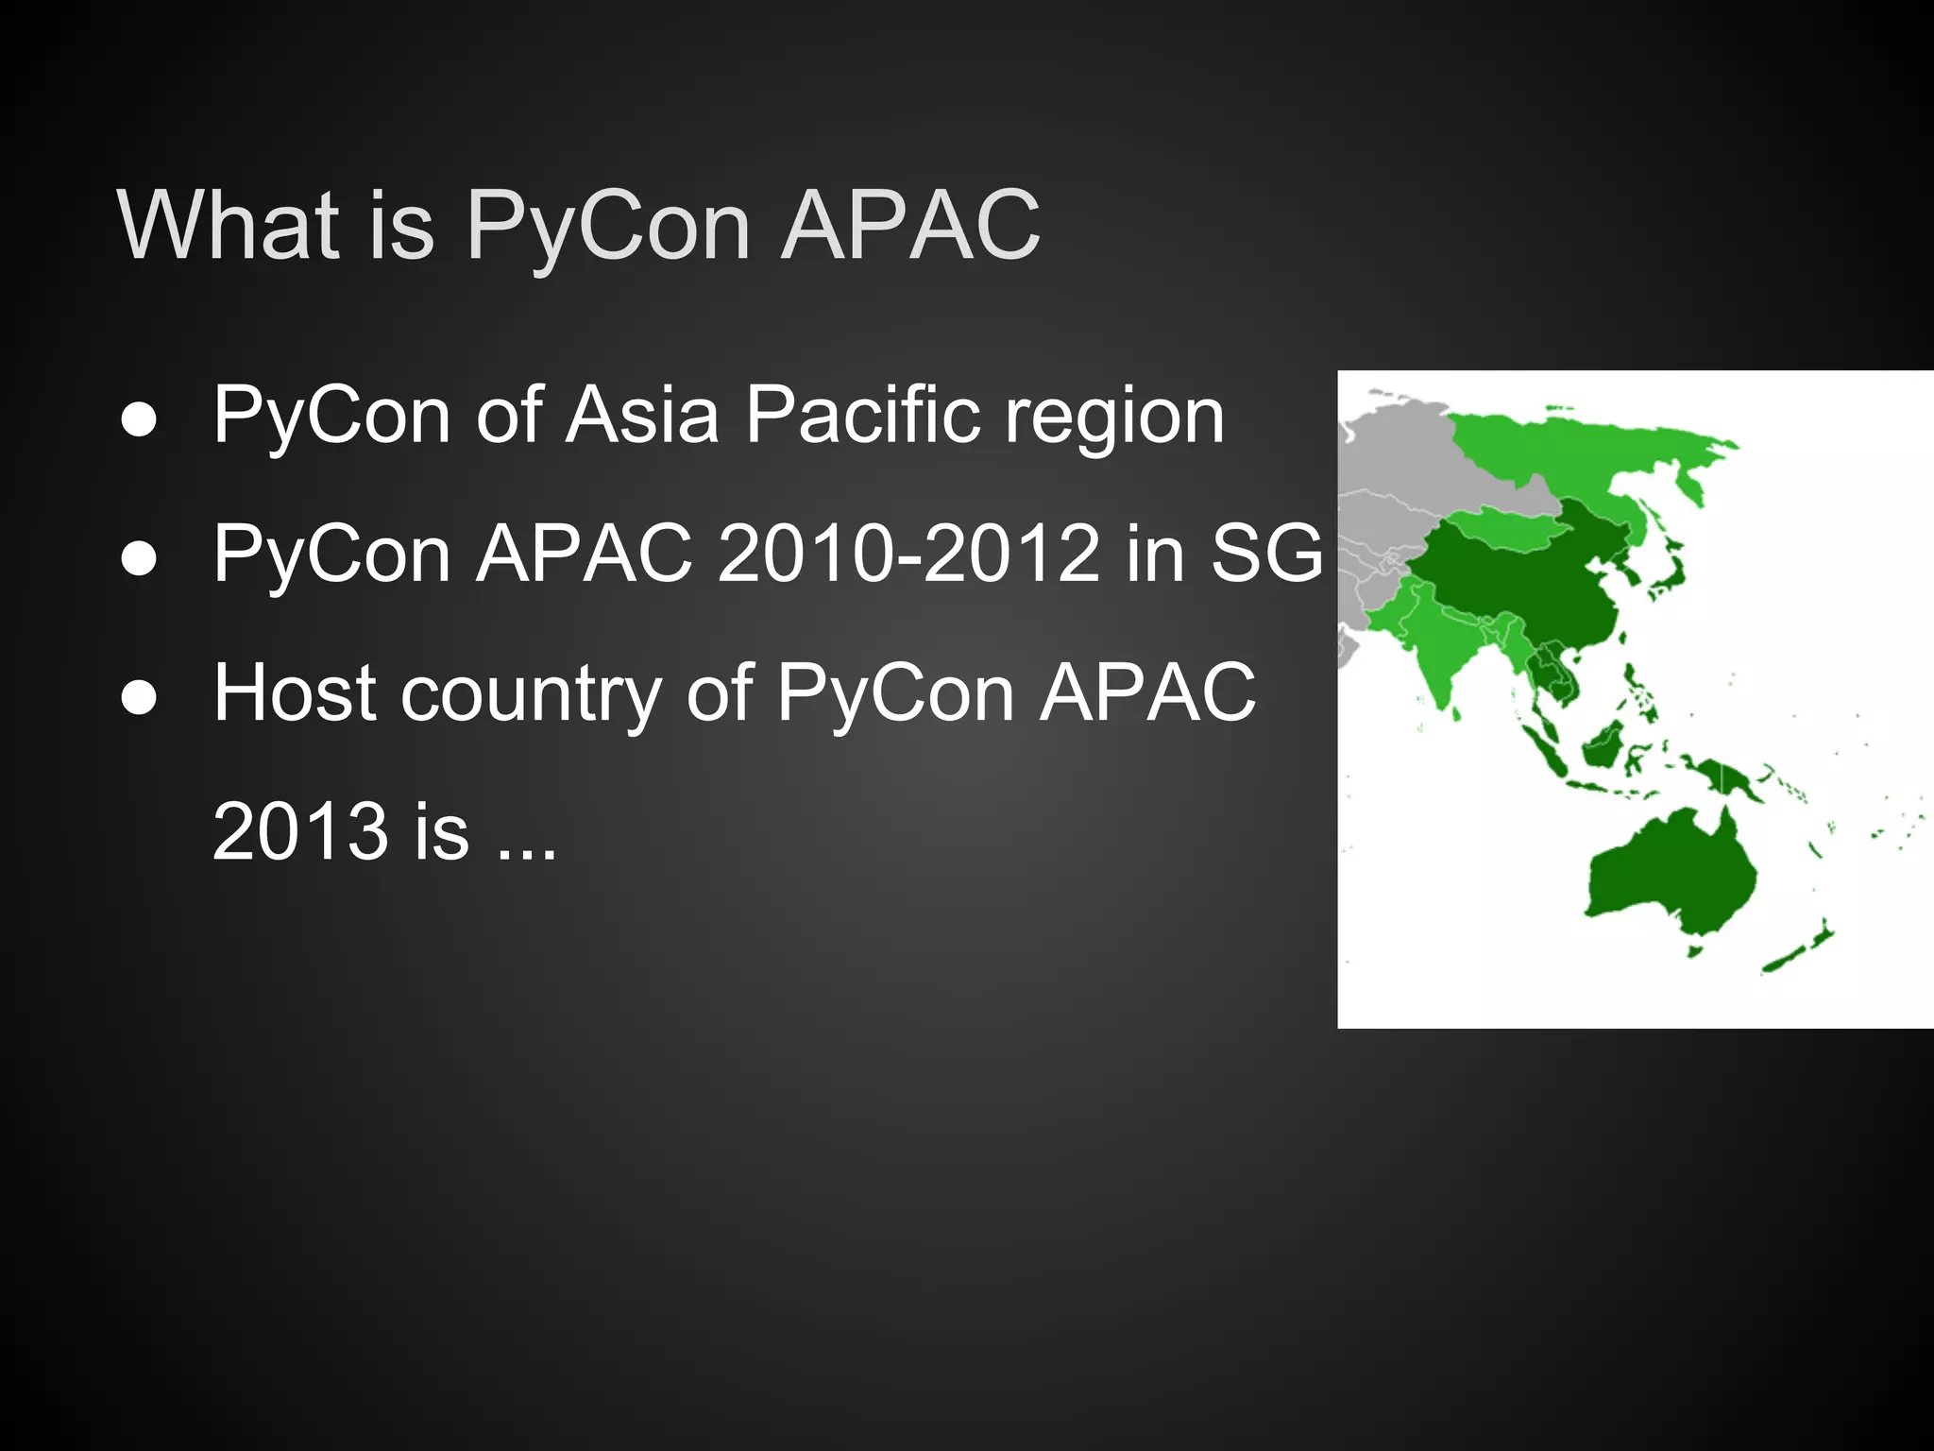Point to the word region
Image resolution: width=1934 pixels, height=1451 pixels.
(x=1114, y=416)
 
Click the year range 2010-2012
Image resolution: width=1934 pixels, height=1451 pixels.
(x=908, y=554)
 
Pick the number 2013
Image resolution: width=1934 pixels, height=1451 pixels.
(x=300, y=831)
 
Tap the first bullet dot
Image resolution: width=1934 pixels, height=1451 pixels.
(x=139, y=420)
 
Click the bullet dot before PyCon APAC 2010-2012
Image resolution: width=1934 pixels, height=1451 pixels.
(x=139, y=559)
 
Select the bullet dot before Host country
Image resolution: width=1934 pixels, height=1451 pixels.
(x=139, y=698)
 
